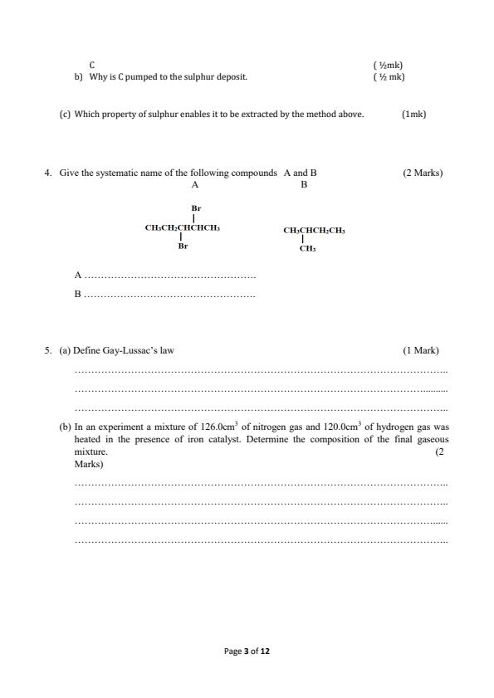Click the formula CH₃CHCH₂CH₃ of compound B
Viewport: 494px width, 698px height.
click(314, 230)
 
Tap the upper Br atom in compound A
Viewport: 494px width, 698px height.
click(196, 208)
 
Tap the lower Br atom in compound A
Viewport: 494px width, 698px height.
click(182, 246)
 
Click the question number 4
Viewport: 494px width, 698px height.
click(47, 173)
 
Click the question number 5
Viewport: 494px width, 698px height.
click(47, 350)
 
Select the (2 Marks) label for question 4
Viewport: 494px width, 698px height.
click(423, 173)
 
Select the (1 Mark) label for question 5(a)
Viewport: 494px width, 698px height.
click(421, 350)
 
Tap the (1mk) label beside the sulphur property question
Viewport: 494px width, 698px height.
click(413, 114)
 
